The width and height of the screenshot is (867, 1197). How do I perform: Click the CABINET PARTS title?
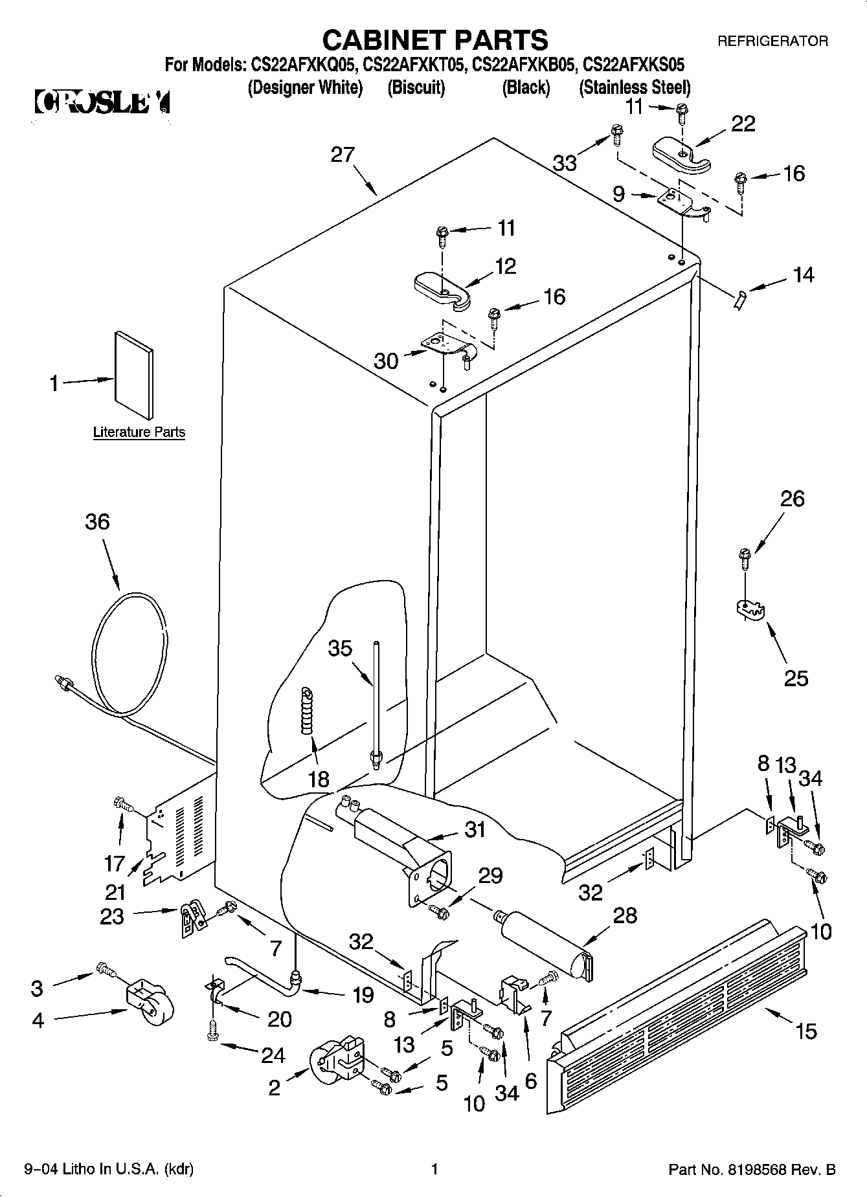pyautogui.click(x=434, y=40)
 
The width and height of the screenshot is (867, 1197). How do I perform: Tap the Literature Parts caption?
pyautogui.click(x=139, y=432)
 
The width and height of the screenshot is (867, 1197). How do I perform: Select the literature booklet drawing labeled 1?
pyautogui.click(x=135, y=375)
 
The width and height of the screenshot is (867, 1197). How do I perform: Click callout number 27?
pyautogui.click(x=343, y=155)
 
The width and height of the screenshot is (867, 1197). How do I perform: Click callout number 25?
pyautogui.click(x=796, y=678)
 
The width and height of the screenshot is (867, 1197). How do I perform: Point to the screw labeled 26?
pyautogui.click(x=745, y=557)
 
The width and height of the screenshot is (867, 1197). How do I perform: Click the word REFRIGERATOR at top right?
pyautogui.click(x=772, y=41)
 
